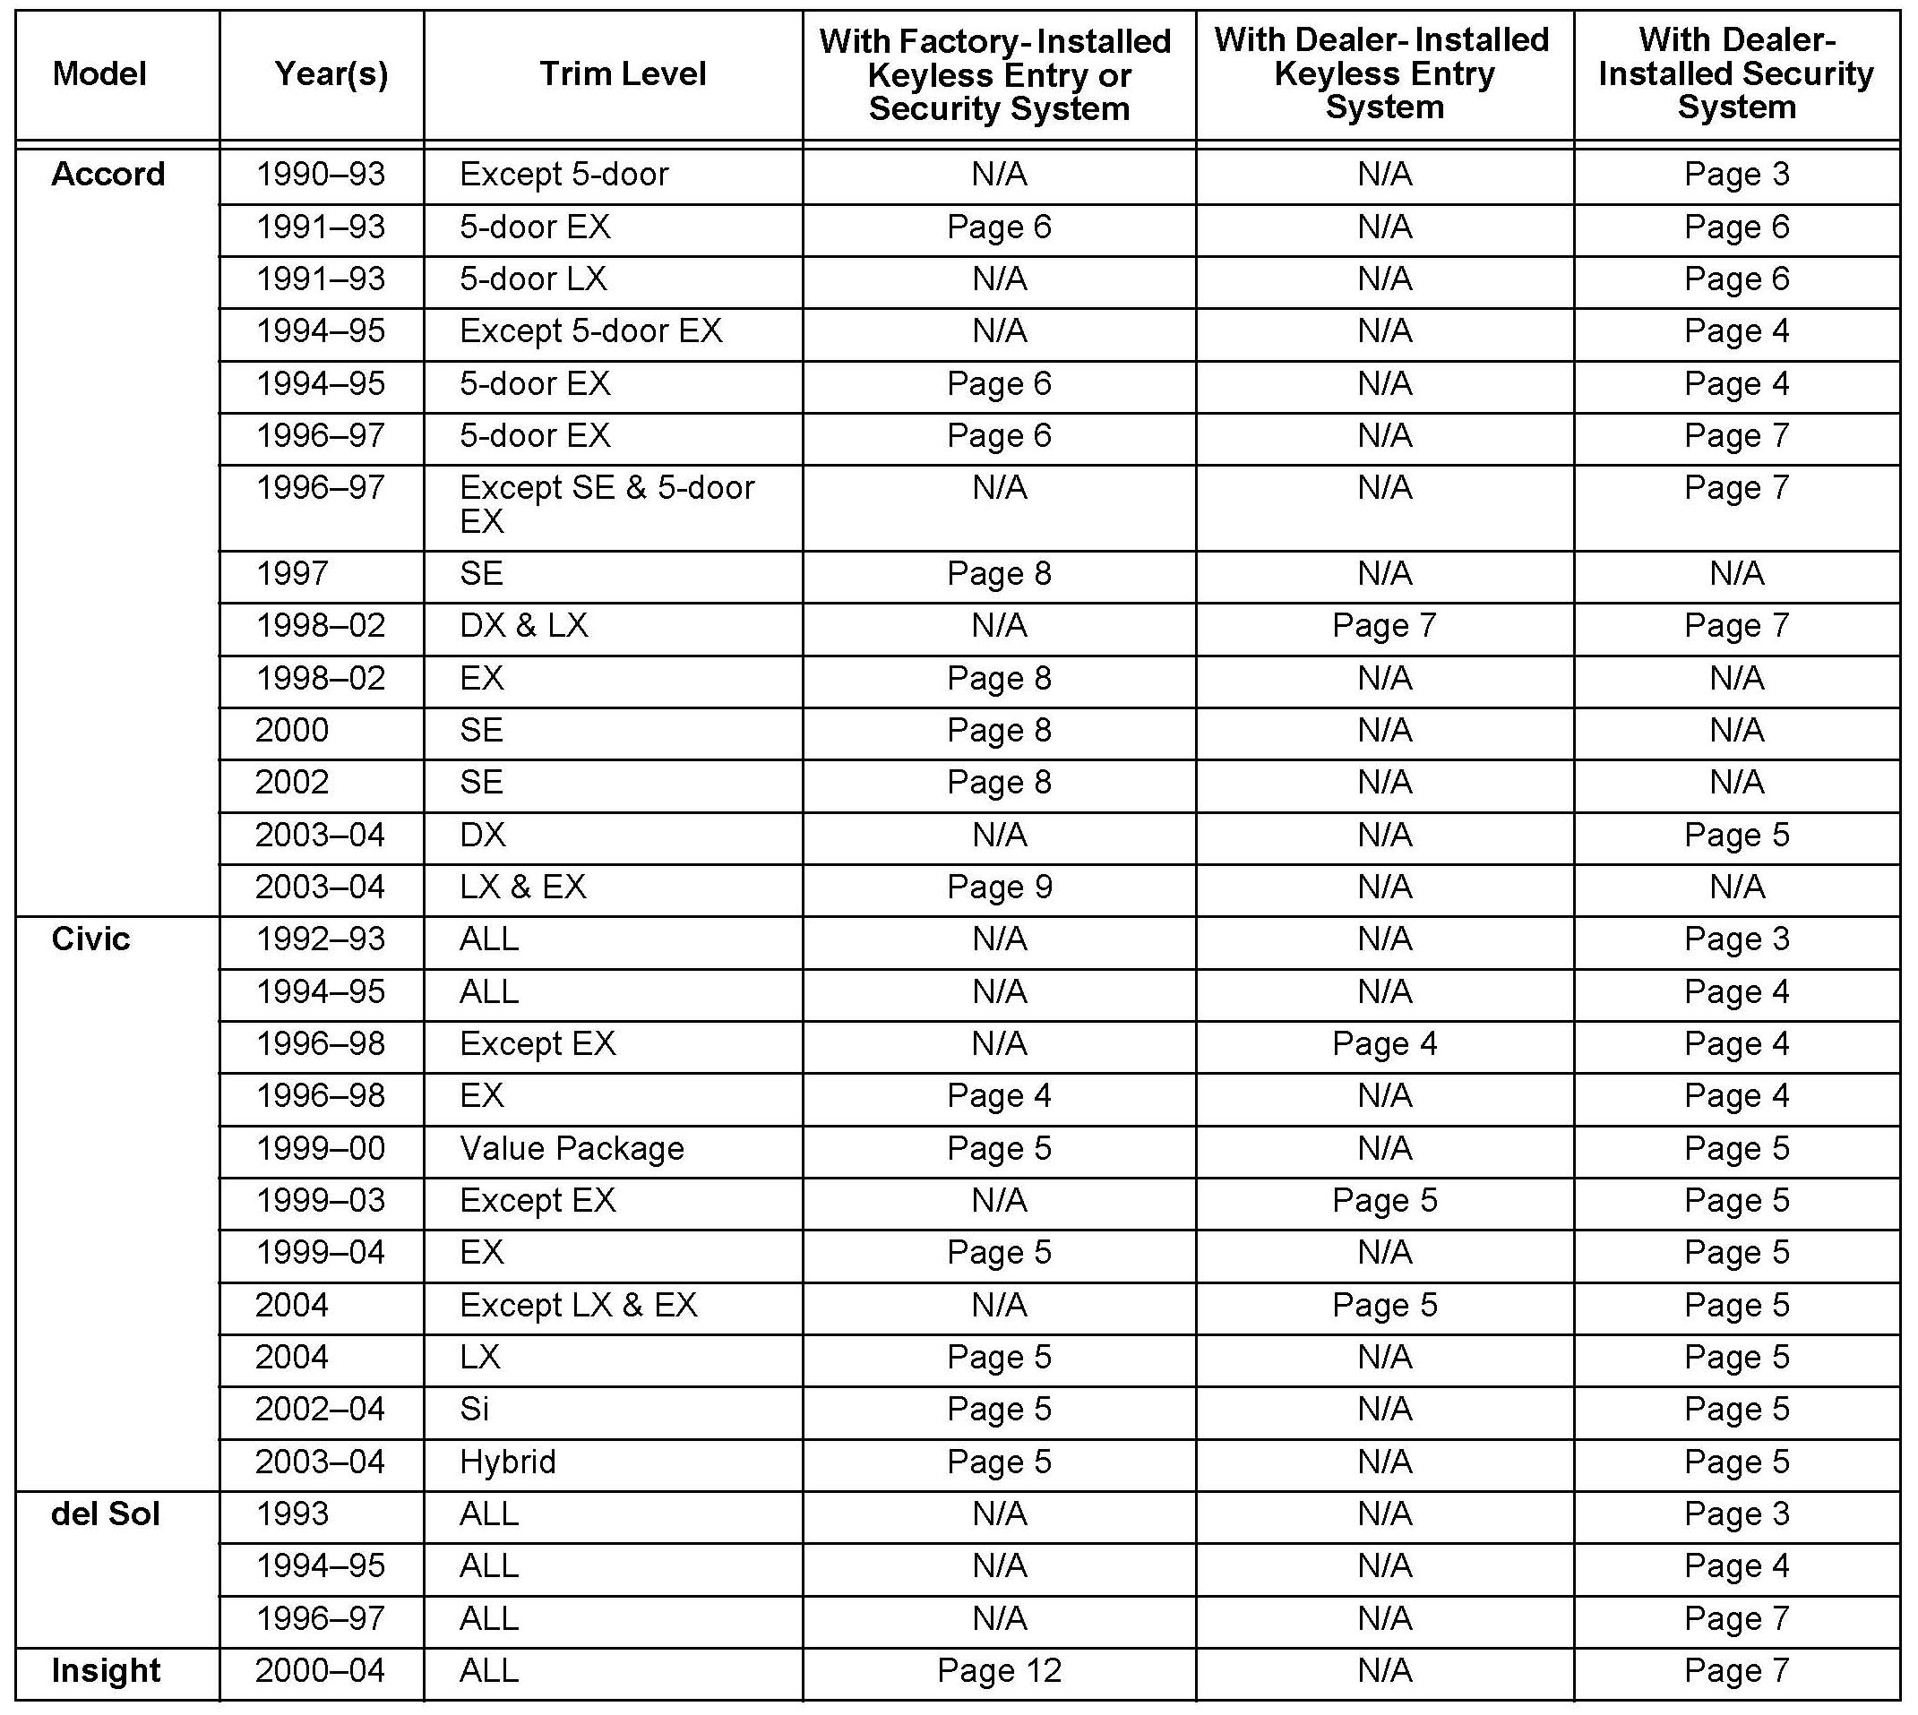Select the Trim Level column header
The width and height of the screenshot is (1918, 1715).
[x=622, y=73]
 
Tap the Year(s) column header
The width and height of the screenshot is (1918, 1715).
[x=331, y=73]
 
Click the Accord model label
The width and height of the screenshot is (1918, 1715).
[x=108, y=175]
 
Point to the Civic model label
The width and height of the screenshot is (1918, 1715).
[x=90, y=939]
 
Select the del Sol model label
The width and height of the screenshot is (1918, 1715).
[x=105, y=1513]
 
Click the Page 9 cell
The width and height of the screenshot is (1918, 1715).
[x=999, y=887]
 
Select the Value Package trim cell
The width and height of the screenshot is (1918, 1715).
[x=572, y=1149]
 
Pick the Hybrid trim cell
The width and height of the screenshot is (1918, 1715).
[x=508, y=1462]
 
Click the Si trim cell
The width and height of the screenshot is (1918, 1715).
[x=474, y=1409]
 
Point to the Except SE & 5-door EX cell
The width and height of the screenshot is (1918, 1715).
[x=607, y=504]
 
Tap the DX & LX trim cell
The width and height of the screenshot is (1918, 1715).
[x=524, y=626]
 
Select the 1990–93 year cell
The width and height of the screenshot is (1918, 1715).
[x=321, y=175]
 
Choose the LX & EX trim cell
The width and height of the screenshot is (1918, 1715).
[x=523, y=887]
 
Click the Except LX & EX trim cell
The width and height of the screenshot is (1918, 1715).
[x=579, y=1305]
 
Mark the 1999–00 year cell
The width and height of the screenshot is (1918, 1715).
[x=321, y=1149]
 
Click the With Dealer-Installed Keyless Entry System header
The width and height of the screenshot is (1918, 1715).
[x=1383, y=73]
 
